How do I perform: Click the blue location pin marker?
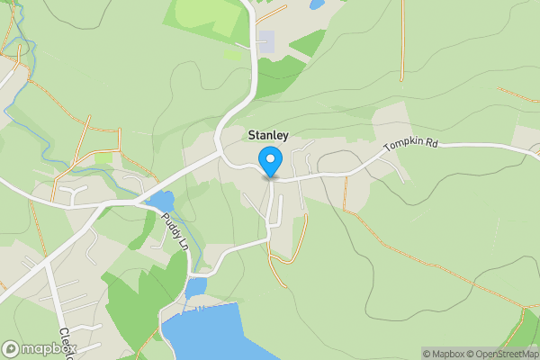(x=270, y=162)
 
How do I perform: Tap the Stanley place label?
(x=267, y=135)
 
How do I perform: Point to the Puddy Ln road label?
(x=175, y=232)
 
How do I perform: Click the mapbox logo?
(x=38, y=349)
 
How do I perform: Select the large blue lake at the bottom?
(x=216, y=333)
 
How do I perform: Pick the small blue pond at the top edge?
(x=317, y=4)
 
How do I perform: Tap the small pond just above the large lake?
(x=195, y=286)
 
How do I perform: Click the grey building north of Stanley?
(x=266, y=40)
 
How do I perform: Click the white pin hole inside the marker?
(x=270, y=159)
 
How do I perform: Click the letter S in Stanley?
(x=252, y=135)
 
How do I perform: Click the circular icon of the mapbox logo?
(x=12, y=349)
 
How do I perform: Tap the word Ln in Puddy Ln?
(x=183, y=245)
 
